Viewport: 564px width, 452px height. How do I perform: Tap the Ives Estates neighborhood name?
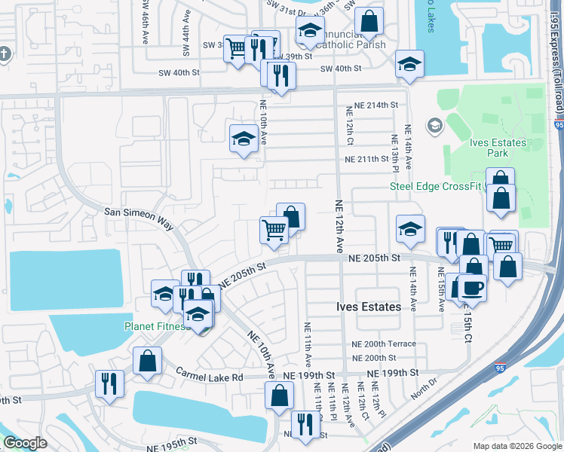pyautogui.click(x=368, y=307)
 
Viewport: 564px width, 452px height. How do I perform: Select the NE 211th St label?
pyautogui.click(x=371, y=160)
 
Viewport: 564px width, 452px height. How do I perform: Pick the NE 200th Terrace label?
pyautogui.click(x=384, y=344)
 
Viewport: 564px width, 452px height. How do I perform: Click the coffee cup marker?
pyautogui.click(x=472, y=287)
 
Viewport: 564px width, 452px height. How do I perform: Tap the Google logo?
pyautogui.click(x=25, y=443)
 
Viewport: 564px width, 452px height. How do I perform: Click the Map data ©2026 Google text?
pyautogui.click(x=516, y=446)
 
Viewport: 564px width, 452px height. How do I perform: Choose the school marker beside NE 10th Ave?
pyautogui.click(x=244, y=139)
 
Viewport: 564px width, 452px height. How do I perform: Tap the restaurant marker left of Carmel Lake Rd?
pyautogui.click(x=109, y=383)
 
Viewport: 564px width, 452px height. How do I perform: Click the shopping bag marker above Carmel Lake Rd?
pyautogui.click(x=147, y=360)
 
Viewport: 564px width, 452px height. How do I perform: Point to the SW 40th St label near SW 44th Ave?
pyautogui.click(x=179, y=72)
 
